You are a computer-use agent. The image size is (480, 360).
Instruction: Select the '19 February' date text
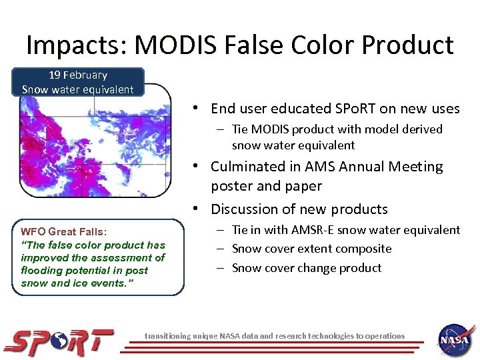point(77,75)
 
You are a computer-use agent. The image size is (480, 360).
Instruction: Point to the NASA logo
point(456,339)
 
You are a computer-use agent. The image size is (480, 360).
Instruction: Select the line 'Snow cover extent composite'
point(311,249)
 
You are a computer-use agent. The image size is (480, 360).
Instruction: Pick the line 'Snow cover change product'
point(307,268)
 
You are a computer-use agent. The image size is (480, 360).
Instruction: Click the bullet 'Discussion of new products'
point(299,209)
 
